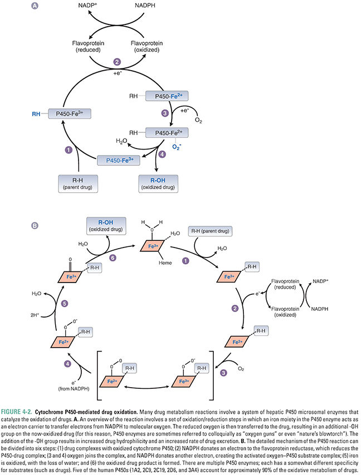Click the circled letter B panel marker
tap(36, 226)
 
